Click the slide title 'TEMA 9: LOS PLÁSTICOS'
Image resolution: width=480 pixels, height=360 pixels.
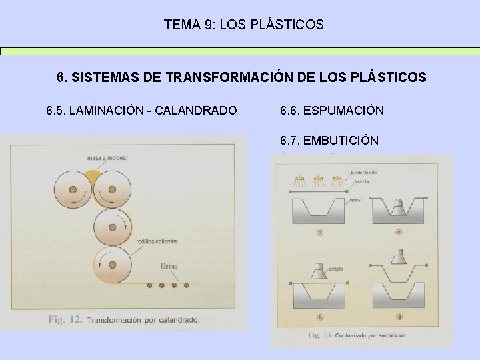(x=243, y=25)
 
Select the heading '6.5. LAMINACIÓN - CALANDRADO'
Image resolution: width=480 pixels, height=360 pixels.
(x=141, y=110)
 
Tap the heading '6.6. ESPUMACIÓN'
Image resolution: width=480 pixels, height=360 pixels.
(x=332, y=110)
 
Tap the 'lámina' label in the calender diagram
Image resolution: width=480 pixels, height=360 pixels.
(x=169, y=265)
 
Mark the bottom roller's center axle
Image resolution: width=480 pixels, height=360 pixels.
(x=112, y=265)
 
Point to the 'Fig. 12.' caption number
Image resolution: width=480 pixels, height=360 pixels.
(x=65, y=319)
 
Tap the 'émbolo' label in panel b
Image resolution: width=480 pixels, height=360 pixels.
(x=335, y=268)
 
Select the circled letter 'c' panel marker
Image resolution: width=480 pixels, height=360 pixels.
(x=397, y=232)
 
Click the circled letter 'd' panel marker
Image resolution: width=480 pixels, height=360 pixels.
(x=397, y=315)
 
